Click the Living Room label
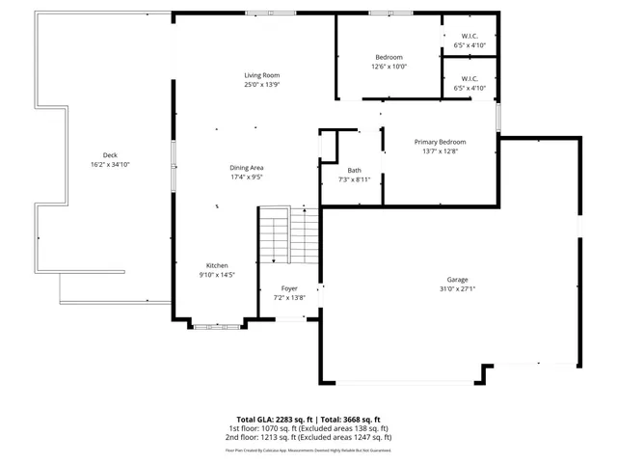[x=261, y=75]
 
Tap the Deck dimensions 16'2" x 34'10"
[x=110, y=165]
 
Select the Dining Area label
[x=247, y=168]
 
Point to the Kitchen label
[x=217, y=265]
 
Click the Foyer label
[x=289, y=288]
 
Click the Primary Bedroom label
[x=441, y=142]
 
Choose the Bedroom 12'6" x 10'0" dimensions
[x=389, y=67]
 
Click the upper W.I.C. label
[x=469, y=37]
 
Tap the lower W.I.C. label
[x=469, y=79]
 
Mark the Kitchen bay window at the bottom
[x=216, y=327]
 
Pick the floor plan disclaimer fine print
[x=308, y=449]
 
